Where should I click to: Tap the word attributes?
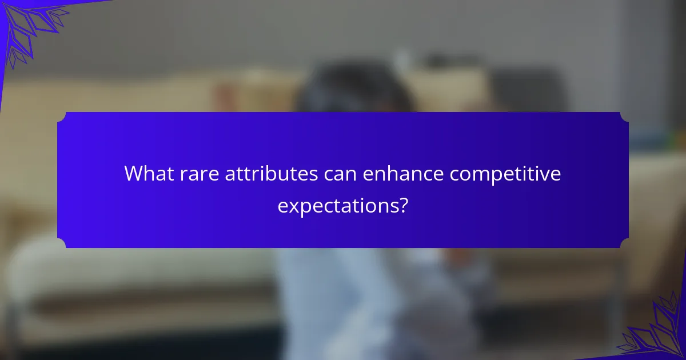(271, 174)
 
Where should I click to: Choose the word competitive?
(505, 174)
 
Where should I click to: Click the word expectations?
(338, 205)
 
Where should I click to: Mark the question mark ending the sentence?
(404, 205)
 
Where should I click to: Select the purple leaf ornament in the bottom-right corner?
(657, 331)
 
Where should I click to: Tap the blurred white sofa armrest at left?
(34, 269)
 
